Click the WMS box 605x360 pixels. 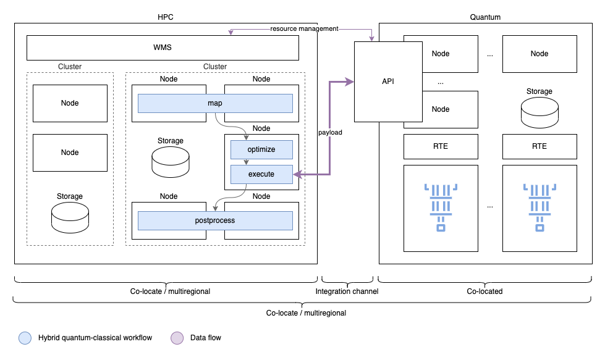(x=163, y=48)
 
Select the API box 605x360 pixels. (x=388, y=82)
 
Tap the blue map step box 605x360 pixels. (x=215, y=103)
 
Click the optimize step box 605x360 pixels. (x=261, y=149)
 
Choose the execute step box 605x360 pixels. (x=261, y=174)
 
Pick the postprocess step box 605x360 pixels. (x=215, y=220)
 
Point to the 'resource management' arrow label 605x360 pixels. (x=304, y=29)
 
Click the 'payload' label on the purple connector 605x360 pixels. (x=330, y=133)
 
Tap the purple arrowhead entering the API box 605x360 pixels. (x=350, y=82)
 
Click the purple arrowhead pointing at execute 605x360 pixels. (x=297, y=175)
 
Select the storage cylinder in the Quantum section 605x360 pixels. (x=539, y=112)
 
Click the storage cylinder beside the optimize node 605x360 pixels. (x=171, y=162)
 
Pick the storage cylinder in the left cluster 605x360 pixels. (x=70, y=217)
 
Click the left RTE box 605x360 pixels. (x=441, y=146)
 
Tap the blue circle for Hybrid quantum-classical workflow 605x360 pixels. (x=25, y=338)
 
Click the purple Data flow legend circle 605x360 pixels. (x=177, y=338)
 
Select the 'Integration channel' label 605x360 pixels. (x=347, y=291)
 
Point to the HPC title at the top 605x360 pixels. (x=166, y=17)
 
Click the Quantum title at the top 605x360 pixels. (x=485, y=17)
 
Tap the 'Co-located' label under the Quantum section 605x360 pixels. (x=484, y=291)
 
